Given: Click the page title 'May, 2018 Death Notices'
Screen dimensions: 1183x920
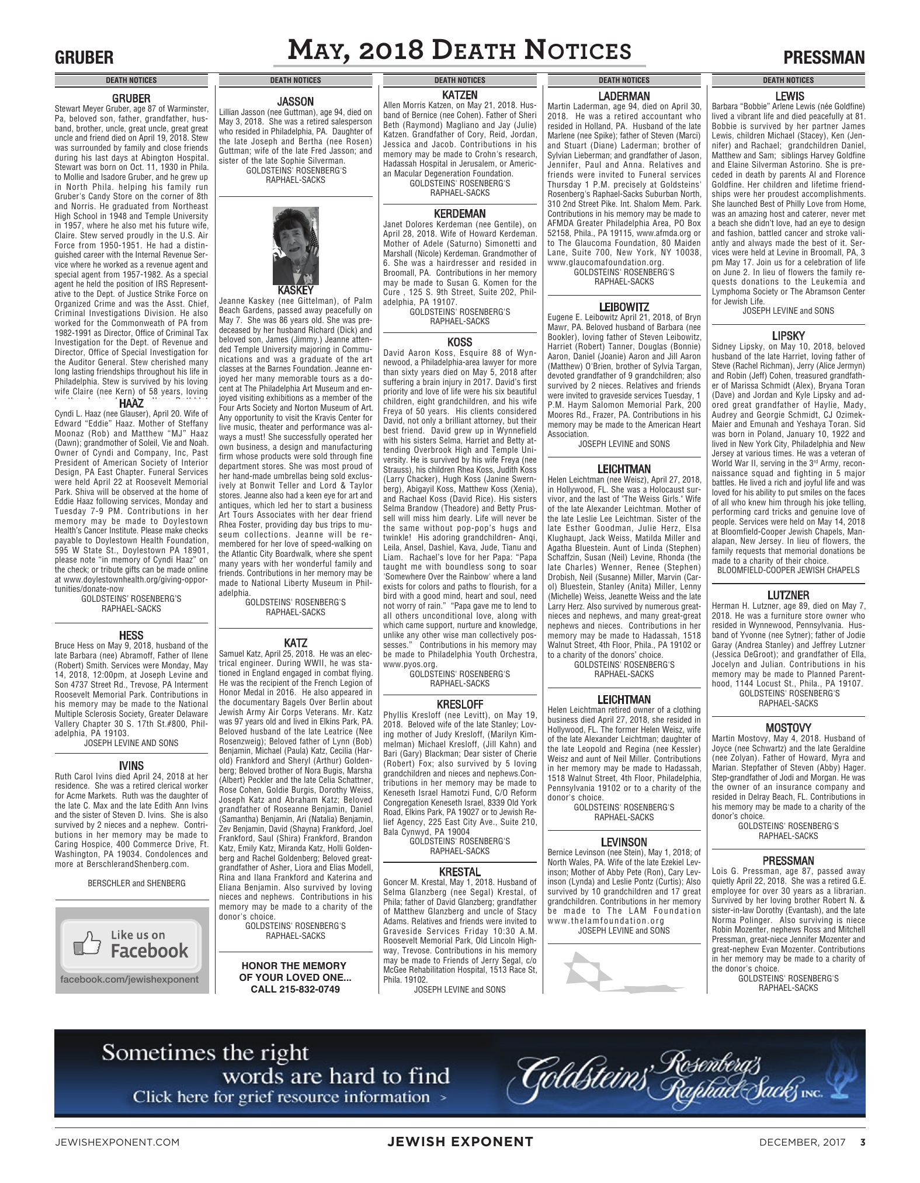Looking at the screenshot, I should (460, 51).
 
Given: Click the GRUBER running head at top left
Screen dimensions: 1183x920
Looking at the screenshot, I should (84, 58).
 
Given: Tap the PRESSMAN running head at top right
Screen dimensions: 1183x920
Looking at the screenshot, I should (824, 58).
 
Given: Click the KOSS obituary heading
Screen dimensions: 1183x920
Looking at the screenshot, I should (460, 342).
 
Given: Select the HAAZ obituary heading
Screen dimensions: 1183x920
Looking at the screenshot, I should (131, 403).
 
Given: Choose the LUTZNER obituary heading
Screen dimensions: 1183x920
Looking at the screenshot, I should (788, 595).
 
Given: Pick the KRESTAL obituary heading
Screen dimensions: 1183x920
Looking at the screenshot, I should (460, 872).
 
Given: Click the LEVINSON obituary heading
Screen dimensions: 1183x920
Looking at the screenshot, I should (624, 842).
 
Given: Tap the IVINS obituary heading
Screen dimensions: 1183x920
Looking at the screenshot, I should (131, 765).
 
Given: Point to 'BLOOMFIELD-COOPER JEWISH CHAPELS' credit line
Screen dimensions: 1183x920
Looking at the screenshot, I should (788, 570).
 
